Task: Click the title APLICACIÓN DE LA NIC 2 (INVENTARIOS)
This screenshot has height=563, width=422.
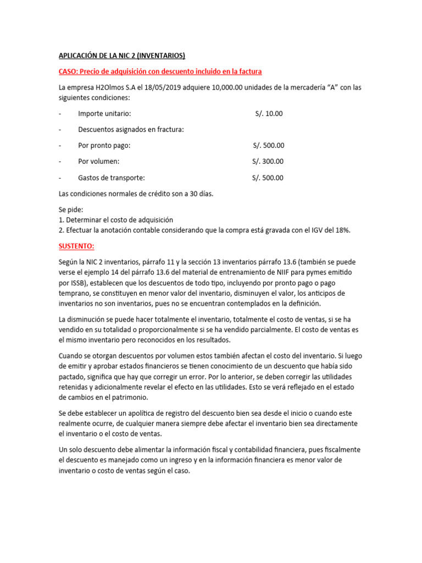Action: coord(122,56)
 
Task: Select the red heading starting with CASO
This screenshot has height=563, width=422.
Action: coord(160,71)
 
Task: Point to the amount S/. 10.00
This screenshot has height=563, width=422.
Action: coord(269,114)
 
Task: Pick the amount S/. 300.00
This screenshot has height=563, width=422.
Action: coord(268,162)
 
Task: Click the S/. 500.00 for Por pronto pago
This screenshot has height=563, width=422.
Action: coord(268,146)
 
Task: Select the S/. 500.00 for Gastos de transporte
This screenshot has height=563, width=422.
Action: coord(268,178)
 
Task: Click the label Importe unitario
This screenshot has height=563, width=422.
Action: coord(104,114)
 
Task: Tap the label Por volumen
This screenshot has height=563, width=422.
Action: coord(98,162)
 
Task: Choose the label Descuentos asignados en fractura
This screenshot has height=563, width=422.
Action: coord(131,130)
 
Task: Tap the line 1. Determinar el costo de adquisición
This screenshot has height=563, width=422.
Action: coord(116,220)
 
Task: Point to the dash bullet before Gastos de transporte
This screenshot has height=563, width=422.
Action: coord(60,178)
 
